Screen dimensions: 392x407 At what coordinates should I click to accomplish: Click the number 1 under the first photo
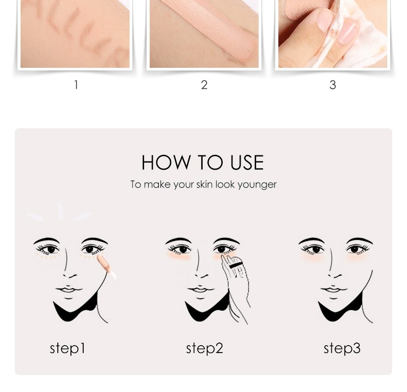[x=76, y=85]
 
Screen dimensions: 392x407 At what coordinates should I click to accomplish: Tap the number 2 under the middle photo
[x=204, y=85]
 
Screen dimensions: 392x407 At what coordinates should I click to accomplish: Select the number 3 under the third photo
[x=333, y=85]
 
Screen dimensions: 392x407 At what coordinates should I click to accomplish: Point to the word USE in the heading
[x=247, y=163]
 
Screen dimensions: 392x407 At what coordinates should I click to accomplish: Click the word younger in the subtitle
[x=257, y=185]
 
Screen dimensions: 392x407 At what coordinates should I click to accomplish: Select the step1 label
[x=67, y=348]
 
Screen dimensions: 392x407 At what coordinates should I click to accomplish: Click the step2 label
[x=204, y=348]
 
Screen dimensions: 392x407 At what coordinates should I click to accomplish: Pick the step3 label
[x=342, y=348]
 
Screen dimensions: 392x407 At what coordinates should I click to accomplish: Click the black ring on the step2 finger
[x=235, y=265]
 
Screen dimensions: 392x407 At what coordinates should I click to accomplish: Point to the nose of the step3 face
[x=333, y=273]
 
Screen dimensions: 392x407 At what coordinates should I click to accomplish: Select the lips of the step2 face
[x=200, y=289]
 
